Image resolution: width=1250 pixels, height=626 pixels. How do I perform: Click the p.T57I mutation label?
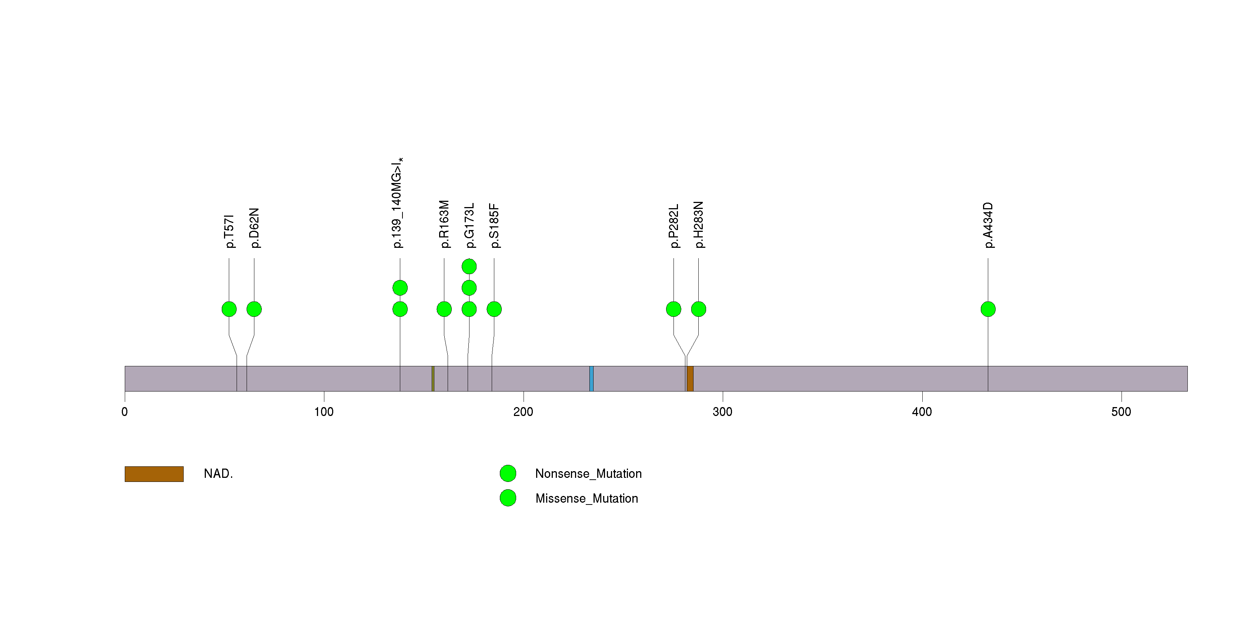click(x=229, y=231)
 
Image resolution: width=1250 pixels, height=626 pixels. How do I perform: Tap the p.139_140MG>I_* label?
click(x=397, y=203)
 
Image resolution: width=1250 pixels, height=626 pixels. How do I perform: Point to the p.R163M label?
click(x=444, y=224)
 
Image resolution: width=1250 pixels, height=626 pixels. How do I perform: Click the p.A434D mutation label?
click(x=988, y=225)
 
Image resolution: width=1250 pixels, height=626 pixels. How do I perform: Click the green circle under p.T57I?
click(x=229, y=309)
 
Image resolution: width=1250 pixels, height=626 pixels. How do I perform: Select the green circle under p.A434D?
click(x=988, y=309)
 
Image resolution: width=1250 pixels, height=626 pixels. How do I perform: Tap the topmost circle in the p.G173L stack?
click(x=469, y=266)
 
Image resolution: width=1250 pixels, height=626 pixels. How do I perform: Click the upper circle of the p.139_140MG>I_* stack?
click(x=400, y=288)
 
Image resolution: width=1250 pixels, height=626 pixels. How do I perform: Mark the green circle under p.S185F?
click(x=494, y=309)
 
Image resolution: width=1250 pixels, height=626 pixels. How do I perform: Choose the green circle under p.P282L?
click(x=674, y=309)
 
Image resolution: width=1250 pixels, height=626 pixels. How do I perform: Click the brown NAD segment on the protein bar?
click(x=690, y=379)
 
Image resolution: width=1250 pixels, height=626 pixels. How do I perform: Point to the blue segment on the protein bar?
click(x=592, y=379)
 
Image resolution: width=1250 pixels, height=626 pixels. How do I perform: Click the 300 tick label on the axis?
click(x=722, y=412)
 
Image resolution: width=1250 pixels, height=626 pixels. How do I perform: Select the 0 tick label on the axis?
click(x=125, y=412)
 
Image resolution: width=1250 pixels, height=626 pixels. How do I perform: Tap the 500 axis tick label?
click(x=1121, y=412)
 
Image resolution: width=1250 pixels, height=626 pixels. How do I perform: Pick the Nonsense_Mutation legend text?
click(x=588, y=474)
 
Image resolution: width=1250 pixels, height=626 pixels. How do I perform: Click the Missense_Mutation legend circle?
click(x=508, y=498)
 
